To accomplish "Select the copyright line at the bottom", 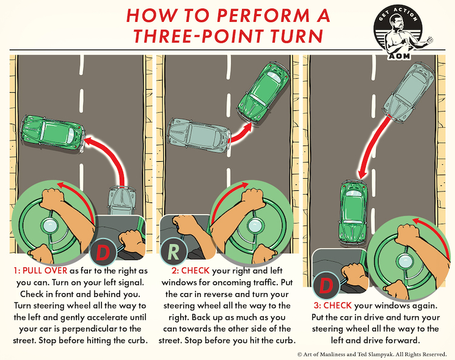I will coord(371,353).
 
